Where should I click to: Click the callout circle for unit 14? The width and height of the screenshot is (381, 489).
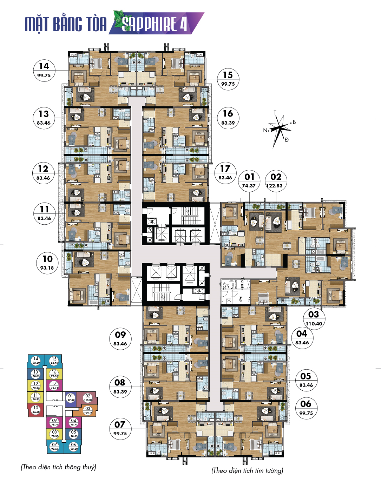coord(44,70)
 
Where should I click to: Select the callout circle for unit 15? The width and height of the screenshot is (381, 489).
coord(228,79)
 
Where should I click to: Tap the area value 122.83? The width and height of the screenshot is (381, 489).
coord(274,186)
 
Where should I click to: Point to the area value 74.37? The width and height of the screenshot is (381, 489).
coord(249,186)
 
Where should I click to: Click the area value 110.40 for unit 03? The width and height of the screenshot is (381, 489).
coord(314,324)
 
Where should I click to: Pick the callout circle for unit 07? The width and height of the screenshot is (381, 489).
coord(120,429)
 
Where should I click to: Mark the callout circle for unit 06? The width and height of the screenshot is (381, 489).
coord(306,408)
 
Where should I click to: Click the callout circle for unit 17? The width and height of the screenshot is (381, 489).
coord(225,173)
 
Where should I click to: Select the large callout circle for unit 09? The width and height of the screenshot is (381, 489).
coord(120,339)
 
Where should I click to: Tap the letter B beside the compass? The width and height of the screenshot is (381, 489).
coord(294,122)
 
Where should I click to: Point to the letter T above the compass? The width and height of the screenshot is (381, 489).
coord(275,113)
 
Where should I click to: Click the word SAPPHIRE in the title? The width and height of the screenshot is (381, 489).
coord(149,24)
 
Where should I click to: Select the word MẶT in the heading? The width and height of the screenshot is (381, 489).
coord(37,24)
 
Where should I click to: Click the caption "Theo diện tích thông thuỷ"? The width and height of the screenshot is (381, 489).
coord(58,467)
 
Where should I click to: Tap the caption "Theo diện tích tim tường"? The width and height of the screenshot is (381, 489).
coord(247,470)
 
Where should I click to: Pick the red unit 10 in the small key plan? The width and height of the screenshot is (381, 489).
coord(36,410)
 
